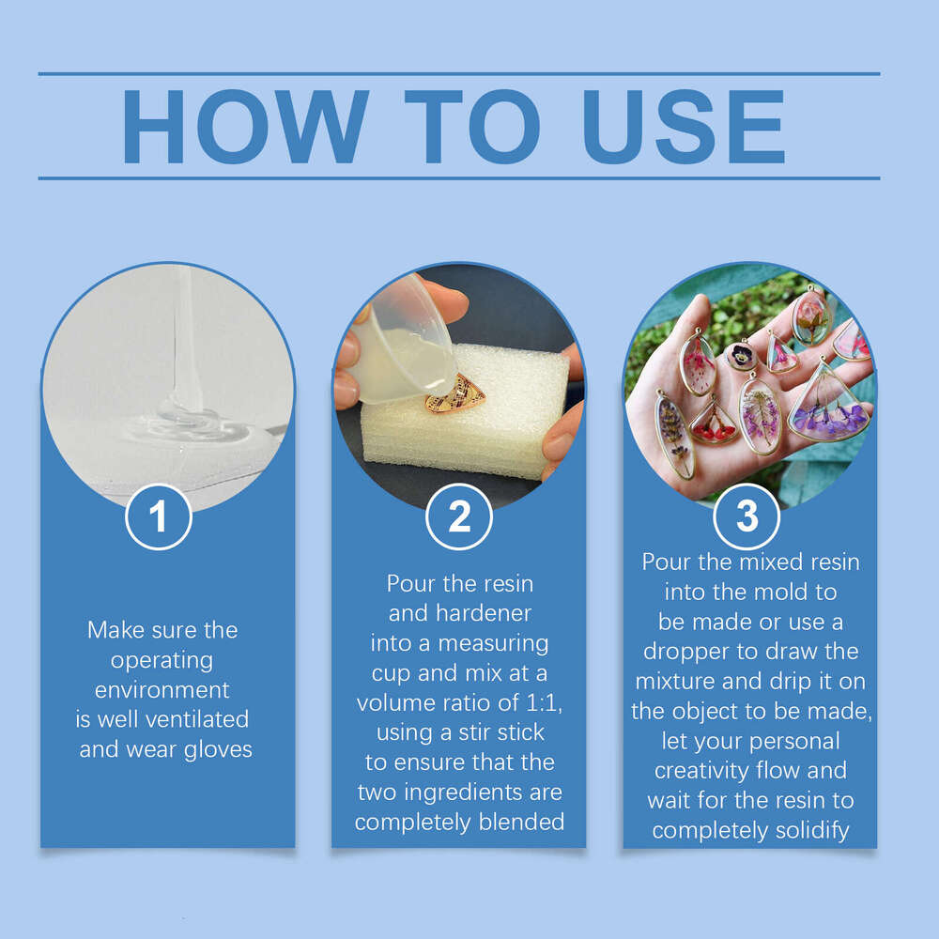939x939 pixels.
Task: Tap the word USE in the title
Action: (x=684, y=127)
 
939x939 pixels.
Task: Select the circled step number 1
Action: (x=159, y=516)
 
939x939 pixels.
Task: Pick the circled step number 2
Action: (x=459, y=516)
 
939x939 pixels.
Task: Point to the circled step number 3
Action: (x=747, y=516)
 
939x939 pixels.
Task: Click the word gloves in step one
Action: (x=218, y=750)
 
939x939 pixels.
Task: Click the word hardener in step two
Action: (x=484, y=613)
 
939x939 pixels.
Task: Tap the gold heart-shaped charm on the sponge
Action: (x=455, y=393)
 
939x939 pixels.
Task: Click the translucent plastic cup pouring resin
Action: (x=403, y=343)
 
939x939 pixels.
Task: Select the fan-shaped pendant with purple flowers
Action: (x=829, y=403)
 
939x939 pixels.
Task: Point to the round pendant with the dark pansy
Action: (x=741, y=355)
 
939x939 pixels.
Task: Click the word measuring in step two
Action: (x=494, y=644)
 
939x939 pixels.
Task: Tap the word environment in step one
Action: (x=162, y=690)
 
